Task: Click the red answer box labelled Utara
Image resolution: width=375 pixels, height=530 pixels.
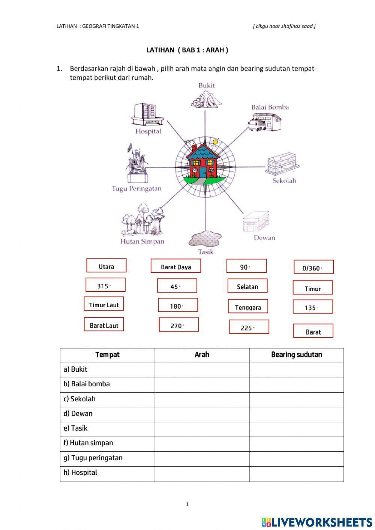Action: click(106, 266)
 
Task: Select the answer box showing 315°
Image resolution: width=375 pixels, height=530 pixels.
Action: click(105, 285)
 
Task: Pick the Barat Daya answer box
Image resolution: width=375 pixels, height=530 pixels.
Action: click(176, 266)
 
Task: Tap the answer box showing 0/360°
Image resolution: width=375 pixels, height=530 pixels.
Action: click(313, 267)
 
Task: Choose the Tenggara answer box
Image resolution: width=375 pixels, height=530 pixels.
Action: click(248, 307)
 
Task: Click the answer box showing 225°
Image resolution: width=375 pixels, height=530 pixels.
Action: click(249, 327)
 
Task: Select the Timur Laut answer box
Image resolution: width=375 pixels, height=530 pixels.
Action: click(104, 304)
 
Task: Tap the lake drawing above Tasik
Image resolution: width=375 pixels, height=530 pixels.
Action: click(205, 239)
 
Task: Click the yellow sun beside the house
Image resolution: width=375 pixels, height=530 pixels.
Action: click(215, 142)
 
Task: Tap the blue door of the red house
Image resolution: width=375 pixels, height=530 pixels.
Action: click(203, 172)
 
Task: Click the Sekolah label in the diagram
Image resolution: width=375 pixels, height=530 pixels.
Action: click(284, 180)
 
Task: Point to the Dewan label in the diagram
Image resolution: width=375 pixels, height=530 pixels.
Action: click(264, 237)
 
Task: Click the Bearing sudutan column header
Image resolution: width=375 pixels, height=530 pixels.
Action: click(296, 355)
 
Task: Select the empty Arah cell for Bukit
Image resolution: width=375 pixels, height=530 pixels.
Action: click(202, 370)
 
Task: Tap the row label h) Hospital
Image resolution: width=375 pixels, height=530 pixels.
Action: click(80, 473)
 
